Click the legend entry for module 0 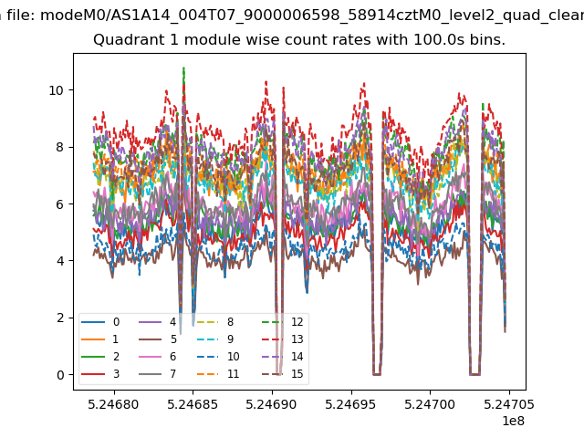point(100,322)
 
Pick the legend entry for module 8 point(215,322)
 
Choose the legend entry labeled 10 point(218,357)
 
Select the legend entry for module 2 point(100,357)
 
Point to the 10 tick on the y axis point(57,90)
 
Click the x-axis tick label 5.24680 point(113,404)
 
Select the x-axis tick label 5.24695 point(350,404)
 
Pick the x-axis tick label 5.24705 point(509,404)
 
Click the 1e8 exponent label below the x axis point(513,421)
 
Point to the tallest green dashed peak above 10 point(183,68)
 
